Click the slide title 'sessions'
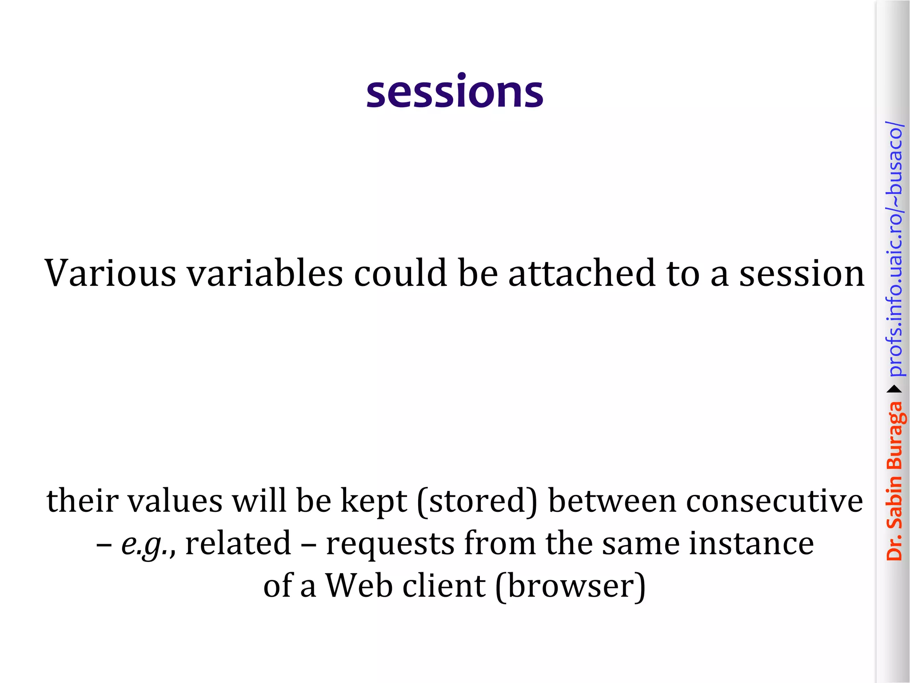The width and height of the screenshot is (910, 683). click(455, 92)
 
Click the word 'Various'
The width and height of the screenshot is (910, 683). click(111, 273)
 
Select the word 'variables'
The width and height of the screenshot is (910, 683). click(265, 273)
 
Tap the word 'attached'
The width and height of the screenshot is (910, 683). click(582, 273)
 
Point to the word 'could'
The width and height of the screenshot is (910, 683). click(400, 273)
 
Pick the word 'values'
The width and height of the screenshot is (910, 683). click(175, 501)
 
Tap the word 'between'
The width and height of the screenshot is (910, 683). click(612, 501)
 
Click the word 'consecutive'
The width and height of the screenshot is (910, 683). click(774, 501)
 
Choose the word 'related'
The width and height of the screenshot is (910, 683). click(238, 543)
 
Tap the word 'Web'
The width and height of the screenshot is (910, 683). click(359, 586)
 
